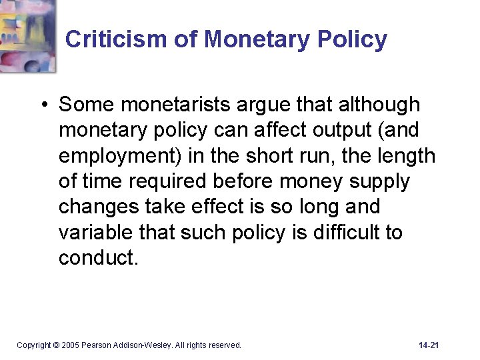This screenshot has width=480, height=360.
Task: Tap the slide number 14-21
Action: (x=429, y=345)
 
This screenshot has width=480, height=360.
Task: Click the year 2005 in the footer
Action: (x=70, y=345)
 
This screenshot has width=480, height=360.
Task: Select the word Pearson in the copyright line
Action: (x=97, y=345)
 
